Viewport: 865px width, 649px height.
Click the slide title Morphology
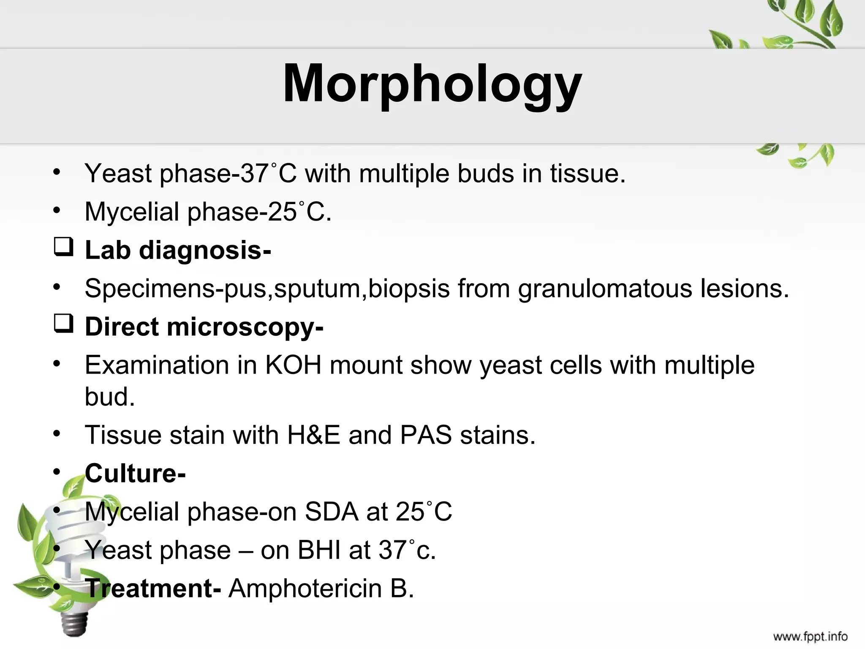[x=432, y=84]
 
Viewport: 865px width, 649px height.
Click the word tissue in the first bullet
[x=587, y=173]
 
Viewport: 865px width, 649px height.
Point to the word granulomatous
[x=605, y=289]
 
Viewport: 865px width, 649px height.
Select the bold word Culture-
[x=135, y=473]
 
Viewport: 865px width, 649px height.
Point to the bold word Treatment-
[x=153, y=588]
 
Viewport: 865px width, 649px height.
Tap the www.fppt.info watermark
[x=810, y=636]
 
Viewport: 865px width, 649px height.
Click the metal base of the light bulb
[x=75, y=623]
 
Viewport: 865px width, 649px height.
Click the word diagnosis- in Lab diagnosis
[x=205, y=251]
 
